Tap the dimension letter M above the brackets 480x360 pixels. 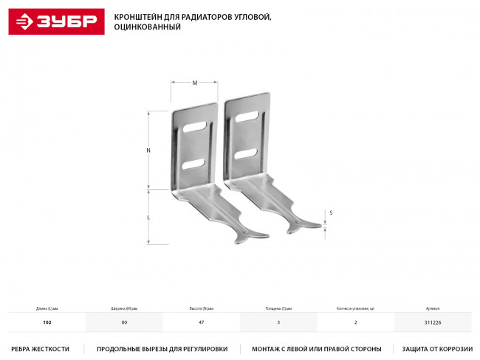(x=195, y=83)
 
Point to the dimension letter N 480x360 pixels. (x=148, y=150)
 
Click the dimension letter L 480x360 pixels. (x=148, y=218)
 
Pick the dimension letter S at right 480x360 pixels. (x=330, y=212)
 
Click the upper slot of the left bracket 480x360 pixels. (x=194, y=128)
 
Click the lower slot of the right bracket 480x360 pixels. (x=246, y=154)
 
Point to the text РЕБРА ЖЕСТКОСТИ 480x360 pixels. (x=41, y=349)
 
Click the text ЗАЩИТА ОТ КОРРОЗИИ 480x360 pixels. (x=436, y=349)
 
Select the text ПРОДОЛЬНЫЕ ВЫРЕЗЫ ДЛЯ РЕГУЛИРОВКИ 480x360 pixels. (x=162, y=349)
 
